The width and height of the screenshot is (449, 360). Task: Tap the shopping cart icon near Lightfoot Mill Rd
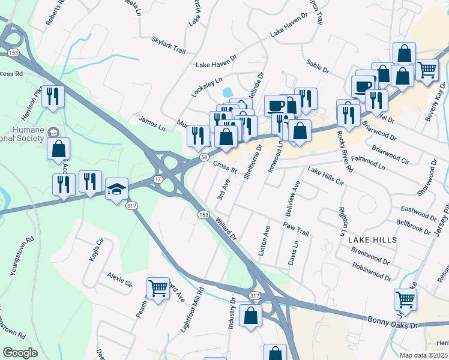click(x=158, y=289)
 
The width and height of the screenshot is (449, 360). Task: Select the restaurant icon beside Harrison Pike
click(x=53, y=97)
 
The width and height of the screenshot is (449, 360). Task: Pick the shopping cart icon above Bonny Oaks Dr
click(x=406, y=299)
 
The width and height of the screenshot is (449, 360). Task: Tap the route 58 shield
click(x=204, y=157)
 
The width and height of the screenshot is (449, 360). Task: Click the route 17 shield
click(x=157, y=179)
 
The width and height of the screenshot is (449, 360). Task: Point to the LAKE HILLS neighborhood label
click(x=372, y=239)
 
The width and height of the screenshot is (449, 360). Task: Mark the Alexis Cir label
click(x=119, y=279)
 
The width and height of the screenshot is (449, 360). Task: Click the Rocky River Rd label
click(x=345, y=152)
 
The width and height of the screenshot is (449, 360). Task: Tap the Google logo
click(x=20, y=353)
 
